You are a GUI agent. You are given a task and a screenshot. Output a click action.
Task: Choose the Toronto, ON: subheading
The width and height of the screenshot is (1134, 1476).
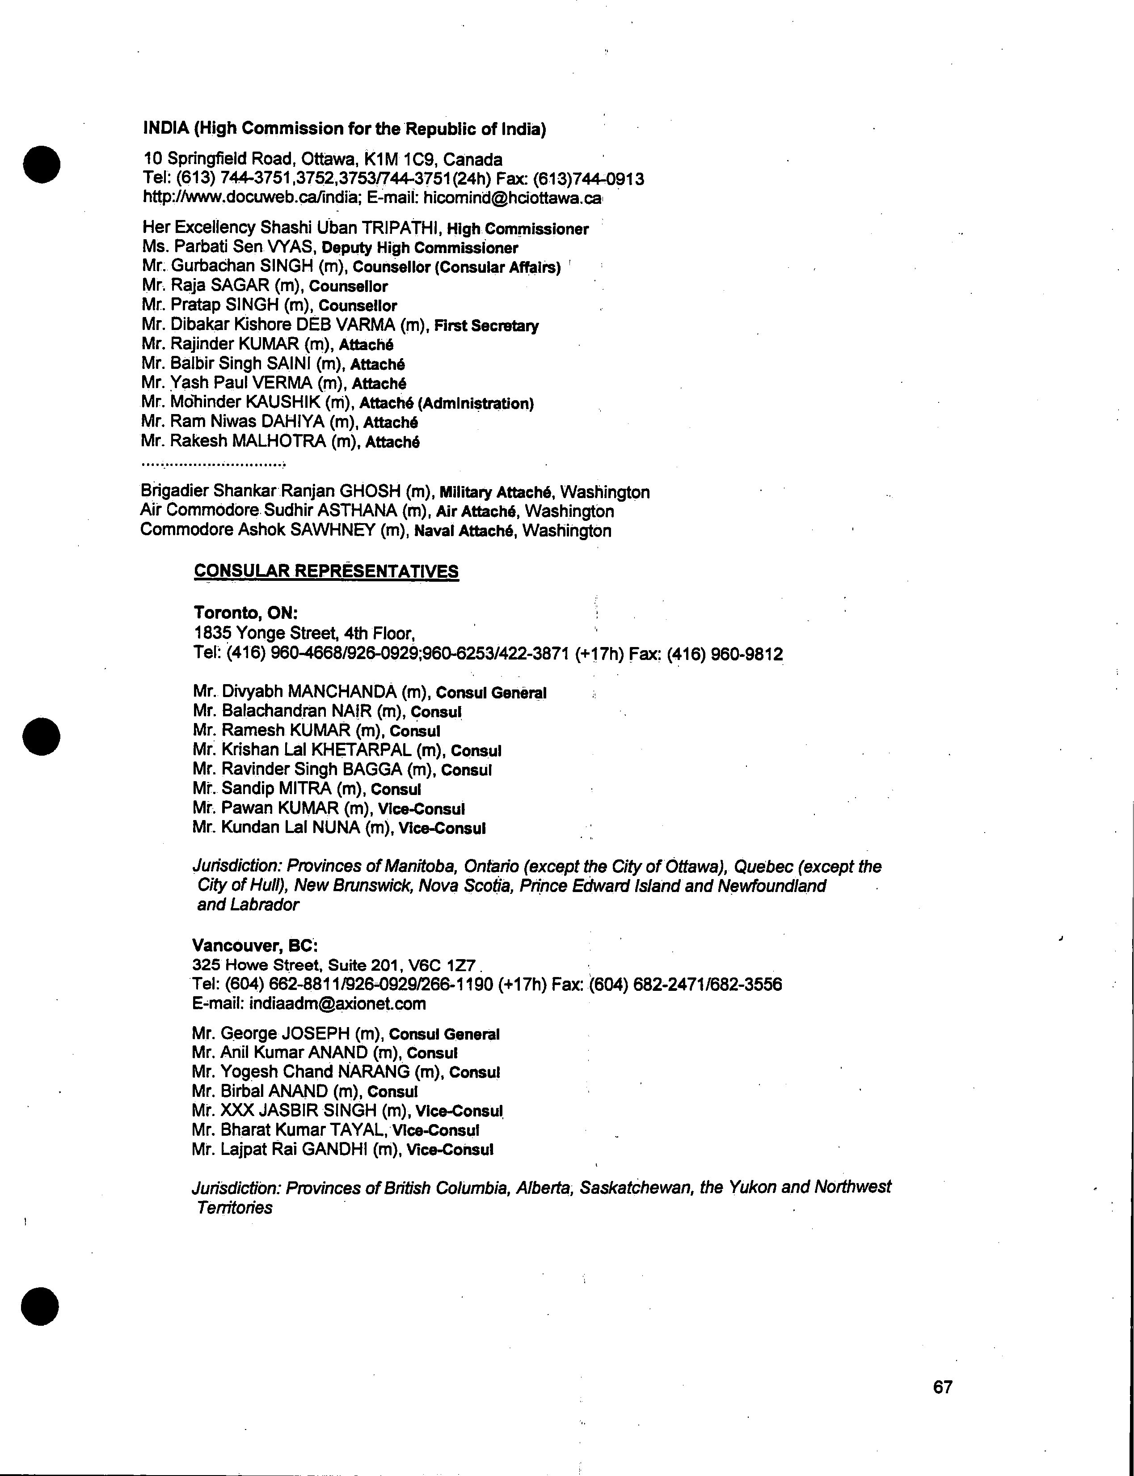tap(246, 613)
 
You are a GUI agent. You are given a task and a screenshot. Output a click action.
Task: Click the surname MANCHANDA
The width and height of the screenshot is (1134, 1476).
tap(341, 691)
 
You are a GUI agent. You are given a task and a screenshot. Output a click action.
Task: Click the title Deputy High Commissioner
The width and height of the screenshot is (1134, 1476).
tap(420, 248)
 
